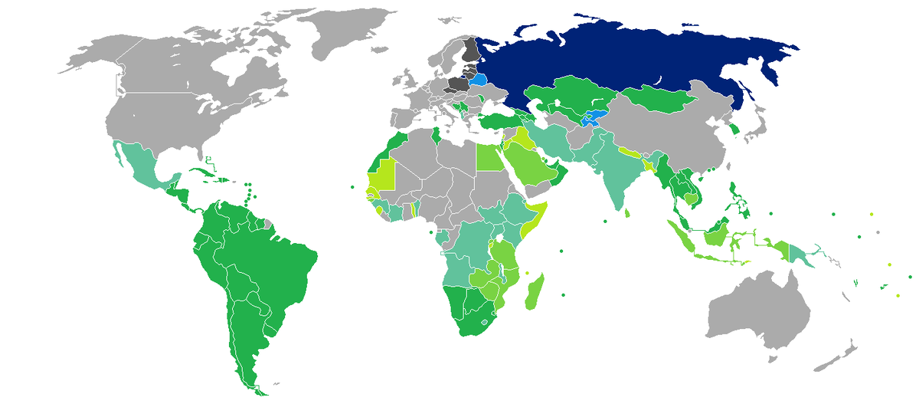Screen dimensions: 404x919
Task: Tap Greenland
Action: coord(337,31)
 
